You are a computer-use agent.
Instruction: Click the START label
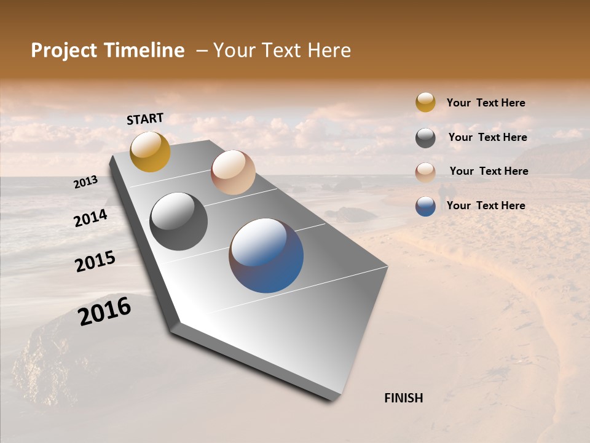click(145, 119)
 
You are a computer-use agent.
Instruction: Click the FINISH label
click(404, 398)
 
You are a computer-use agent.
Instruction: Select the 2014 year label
click(90, 218)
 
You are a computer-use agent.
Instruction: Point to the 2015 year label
click(95, 261)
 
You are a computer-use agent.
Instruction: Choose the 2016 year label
click(104, 311)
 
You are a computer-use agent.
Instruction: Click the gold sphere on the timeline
click(150, 151)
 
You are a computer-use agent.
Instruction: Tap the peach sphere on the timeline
click(233, 172)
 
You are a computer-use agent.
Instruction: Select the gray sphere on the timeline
click(179, 221)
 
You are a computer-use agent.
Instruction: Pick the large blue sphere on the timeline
click(266, 255)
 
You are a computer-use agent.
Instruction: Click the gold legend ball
click(425, 102)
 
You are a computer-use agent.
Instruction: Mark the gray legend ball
click(425, 138)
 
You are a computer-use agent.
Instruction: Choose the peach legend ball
click(425, 172)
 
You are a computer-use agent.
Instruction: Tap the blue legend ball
click(425, 206)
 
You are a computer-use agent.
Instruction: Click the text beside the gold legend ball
click(486, 103)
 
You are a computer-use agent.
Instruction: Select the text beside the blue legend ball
click(486, 206)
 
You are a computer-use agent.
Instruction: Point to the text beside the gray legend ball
click(487, 137)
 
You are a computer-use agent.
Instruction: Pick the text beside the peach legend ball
click(489, 171)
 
